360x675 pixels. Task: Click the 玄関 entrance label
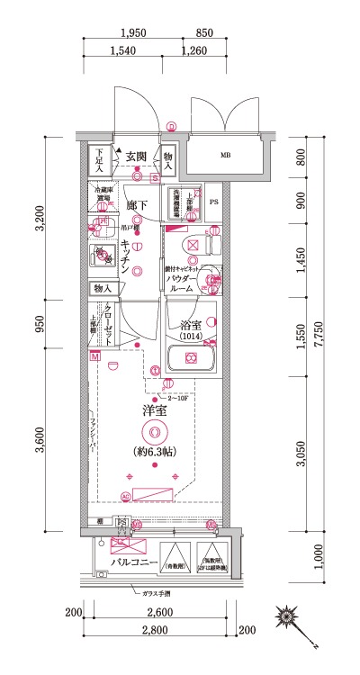pos(137,155)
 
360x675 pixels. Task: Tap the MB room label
pos(225,155)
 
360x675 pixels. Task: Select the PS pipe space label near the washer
pos(213,202)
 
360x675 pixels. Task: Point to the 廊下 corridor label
pos(137,204)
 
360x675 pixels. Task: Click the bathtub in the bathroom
pos(192,358)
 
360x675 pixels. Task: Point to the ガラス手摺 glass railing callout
pos(158,595)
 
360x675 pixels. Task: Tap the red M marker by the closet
pos(94,357)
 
